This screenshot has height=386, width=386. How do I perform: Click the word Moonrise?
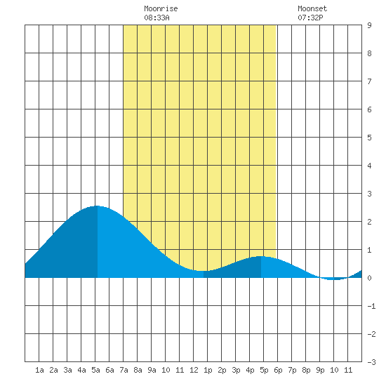(161, 8)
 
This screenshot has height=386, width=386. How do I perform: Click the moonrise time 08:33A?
(157, 18)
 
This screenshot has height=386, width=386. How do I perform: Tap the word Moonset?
(312, 8)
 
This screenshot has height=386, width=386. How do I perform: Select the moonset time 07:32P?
(310, 18)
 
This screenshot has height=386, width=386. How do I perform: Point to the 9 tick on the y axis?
(369, 25)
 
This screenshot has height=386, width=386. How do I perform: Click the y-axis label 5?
(369, 138)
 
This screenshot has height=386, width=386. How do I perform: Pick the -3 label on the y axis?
(371, 362)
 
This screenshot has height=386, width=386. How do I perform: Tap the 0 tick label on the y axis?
(369, 278)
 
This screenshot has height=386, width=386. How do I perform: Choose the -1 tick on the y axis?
(371, 306)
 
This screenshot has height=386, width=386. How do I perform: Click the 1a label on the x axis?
(39, 370)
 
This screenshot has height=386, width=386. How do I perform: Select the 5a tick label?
(95, 370)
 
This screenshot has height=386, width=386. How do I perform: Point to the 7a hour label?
(124, 370)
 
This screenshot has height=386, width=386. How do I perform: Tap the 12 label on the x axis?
(194, 370)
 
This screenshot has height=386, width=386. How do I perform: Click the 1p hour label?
(208, 370)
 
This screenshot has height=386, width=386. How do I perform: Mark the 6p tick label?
(278, 370)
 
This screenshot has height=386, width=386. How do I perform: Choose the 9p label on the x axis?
(320, 370)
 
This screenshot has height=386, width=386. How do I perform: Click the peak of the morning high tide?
(98, 206)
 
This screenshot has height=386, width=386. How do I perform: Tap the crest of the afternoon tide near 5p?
(260, 256)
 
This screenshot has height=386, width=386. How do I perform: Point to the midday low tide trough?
(204, 271)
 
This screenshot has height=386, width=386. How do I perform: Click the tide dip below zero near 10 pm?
(334, 279)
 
